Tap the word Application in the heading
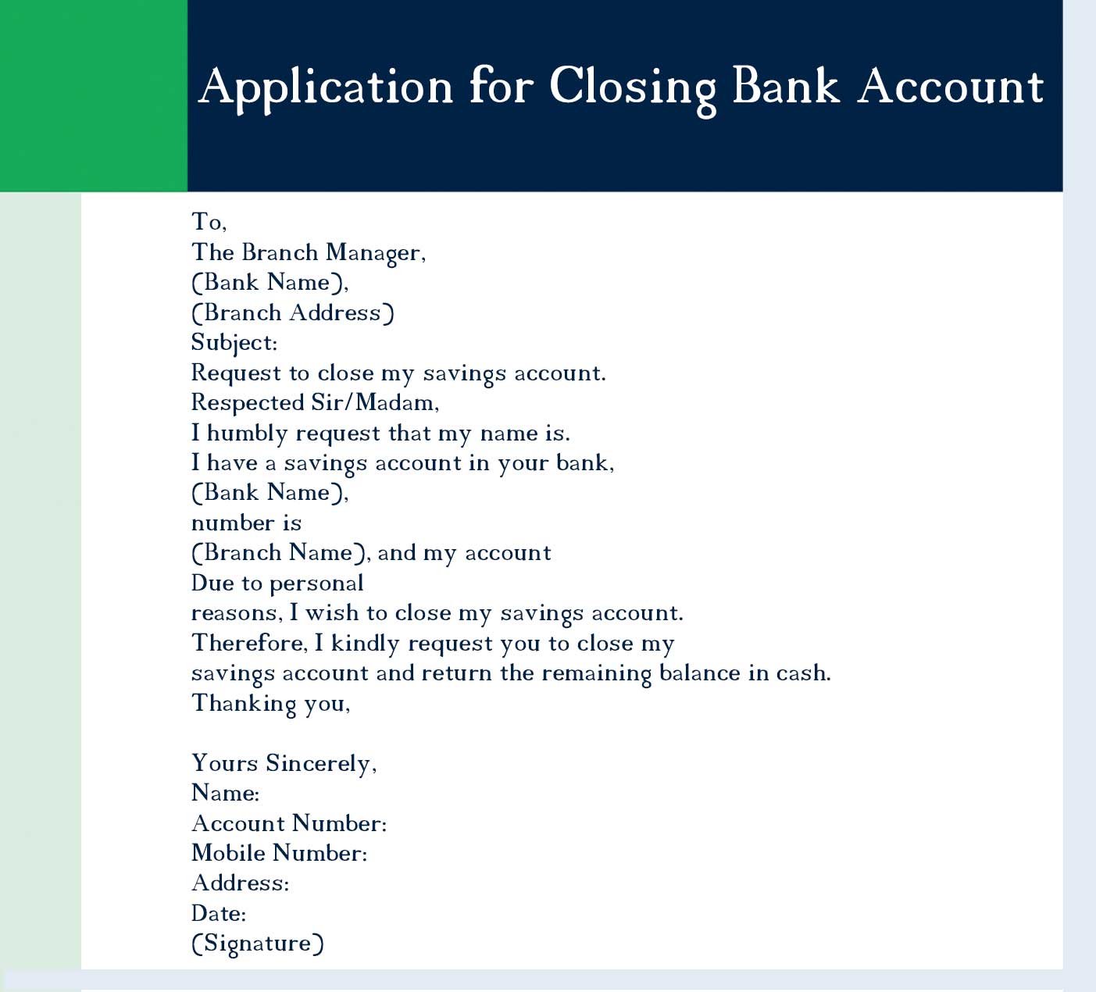pyautogui.click(x=326, y=87)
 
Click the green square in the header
pyautogui.click(x=94, y=95)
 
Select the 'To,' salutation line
pyautogui.click(x=209, y=222)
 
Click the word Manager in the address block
pyautogui.click(x=375, y=253)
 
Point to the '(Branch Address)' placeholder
pyautogui.click(x=293, y=313)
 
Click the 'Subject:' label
pyautogui.click(x=234, y=343)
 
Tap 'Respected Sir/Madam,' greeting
pyautogui.click(x=315, y=403)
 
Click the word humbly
pyautogui.click(x=247, y=434)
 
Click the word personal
pyautogui.click(x=316, y=583)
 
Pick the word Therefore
pyautogui.click(x=249, y=644)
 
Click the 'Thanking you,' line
pyautogui.click(x=270, y=704)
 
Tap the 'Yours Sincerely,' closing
pyautogui.click(x=284, y=763)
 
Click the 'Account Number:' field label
pyautogui.click(x=289, y=823)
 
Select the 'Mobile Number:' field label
pyautogui.click(x=279, y=853)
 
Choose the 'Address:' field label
pyautogui.click(x=240, y=883)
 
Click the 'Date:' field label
pyautogui.click(x=219, y=913)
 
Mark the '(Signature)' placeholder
pyautogui.click(x=258, y=944)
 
